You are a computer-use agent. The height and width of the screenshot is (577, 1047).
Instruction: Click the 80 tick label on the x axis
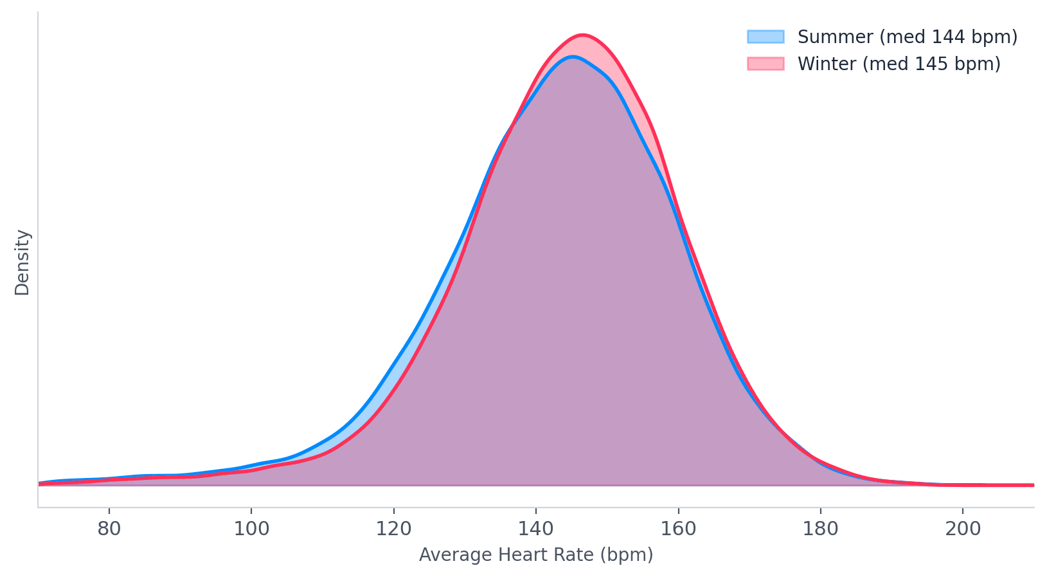click(109, 529)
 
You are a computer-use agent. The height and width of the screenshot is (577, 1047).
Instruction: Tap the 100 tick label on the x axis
click(251, 529)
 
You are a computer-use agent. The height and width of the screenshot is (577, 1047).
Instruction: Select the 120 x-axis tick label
click(393, 529)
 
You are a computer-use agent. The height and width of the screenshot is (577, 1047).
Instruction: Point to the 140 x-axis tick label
click(536, 529)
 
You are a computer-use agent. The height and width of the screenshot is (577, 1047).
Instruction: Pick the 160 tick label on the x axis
click(678, 529)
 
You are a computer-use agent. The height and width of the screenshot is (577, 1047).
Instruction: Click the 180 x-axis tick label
click(821, 529)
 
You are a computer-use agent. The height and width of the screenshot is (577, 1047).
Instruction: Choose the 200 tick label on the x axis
click(963, 529)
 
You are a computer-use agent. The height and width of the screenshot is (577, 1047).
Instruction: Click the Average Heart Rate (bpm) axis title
click(536, 555)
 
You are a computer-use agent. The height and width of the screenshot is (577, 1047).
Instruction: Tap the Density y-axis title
click(22, 262)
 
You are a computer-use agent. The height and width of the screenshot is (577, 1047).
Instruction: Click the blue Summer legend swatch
click(765, 37)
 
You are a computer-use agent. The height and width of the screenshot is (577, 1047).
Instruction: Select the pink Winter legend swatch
click(765, 64)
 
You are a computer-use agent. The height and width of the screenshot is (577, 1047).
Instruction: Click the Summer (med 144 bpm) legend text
click(907, 37)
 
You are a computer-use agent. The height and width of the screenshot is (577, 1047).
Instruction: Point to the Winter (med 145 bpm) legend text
click(899, 64)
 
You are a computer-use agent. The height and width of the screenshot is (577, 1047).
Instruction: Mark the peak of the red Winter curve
click(582, 35)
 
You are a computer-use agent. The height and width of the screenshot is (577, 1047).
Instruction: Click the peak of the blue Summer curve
click(572, 57)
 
